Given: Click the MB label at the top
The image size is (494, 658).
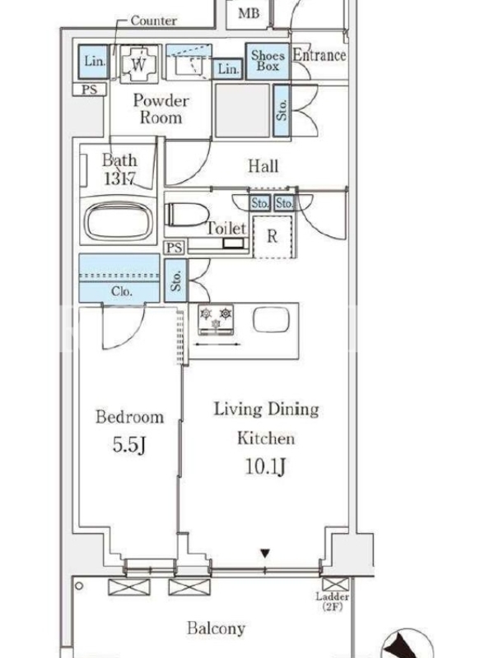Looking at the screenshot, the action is (249, 13).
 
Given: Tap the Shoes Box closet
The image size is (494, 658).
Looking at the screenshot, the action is (268, 61).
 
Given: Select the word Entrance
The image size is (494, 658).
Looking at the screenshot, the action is (319, 55).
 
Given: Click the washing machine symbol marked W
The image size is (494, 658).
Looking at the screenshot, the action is (138, 64).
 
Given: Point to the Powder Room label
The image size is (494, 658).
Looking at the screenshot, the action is (161, 109).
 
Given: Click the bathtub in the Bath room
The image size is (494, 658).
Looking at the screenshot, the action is (119, 220).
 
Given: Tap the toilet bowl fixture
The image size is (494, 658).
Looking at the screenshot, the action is (187, 215).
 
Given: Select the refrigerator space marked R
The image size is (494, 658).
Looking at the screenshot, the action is (273, 237).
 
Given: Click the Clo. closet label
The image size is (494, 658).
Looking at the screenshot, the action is (121, 291).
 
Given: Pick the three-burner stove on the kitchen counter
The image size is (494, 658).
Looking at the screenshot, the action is (216, 320).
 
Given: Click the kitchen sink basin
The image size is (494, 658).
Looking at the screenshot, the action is (272, 320).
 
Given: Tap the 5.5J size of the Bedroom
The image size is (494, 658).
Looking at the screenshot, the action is (129, 445).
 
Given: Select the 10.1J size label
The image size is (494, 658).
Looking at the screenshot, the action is (265, 466).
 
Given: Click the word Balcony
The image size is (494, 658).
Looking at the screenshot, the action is (216, 628).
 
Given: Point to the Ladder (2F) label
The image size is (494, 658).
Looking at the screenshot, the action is (333, 601).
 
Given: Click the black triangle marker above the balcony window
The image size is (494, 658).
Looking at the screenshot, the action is (264, 554).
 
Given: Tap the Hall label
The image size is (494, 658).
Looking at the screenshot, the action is (263, 166).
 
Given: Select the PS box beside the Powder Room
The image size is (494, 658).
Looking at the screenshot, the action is (89, 90).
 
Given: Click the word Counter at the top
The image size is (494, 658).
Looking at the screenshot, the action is (153, 20).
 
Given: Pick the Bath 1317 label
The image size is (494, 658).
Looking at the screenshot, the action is (119, 169).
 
